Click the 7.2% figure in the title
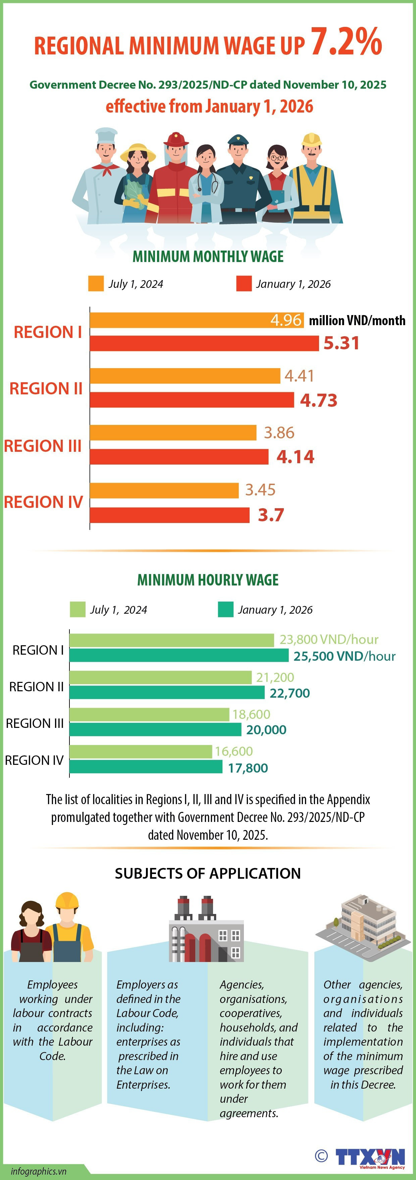point(347,42)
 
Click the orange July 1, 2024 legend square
point(96,283)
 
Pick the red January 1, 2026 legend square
point(244,283)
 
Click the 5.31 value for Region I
point(342,343)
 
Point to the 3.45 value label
point(260,490)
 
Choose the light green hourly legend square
point(77,610)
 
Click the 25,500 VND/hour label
point(344,656)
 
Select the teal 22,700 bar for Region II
point(167,693)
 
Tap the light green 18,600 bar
point(149,714)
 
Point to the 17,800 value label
point(248,768)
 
